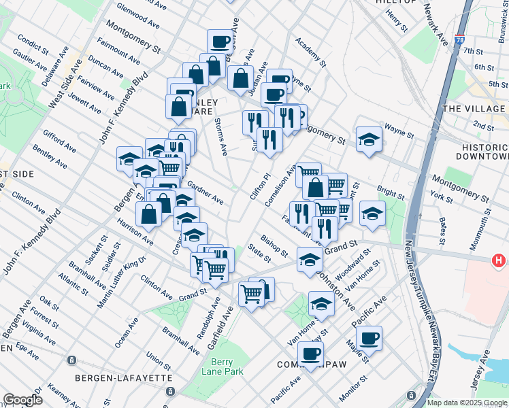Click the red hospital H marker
coord(499,260)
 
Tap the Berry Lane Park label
coord(223,367)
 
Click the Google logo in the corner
coord(22,400)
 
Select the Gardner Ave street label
coord(206,192)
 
